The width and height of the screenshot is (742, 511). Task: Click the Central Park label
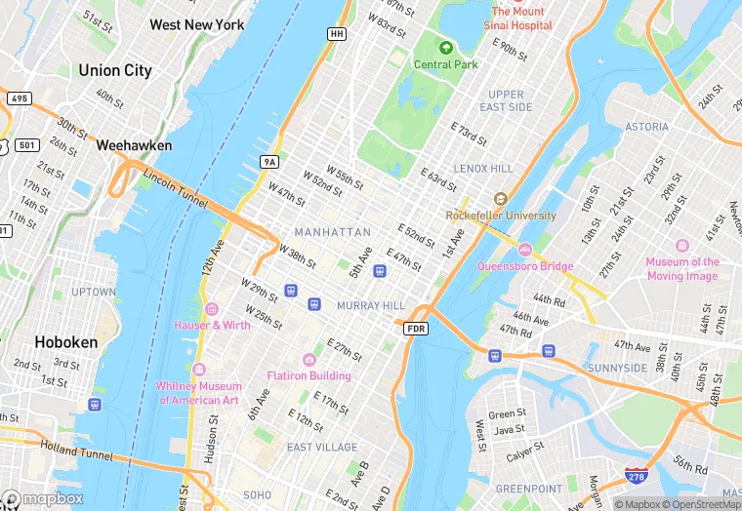coord(446,64)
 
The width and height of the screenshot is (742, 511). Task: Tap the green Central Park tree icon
coord(446,47)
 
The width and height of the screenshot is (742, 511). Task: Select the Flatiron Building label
coord(309,375)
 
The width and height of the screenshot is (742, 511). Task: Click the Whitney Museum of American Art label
coord(198,393)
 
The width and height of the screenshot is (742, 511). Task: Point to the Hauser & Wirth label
coord(212,324)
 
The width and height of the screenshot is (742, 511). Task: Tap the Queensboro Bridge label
coord(524,264)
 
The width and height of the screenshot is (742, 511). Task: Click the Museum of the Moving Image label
coord(682,268)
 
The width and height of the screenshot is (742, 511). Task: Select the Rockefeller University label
coord(501,215)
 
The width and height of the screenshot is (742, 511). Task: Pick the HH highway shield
coord(337,33)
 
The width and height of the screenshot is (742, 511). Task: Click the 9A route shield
coord(269,161)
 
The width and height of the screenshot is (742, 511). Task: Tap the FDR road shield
coord(416,329)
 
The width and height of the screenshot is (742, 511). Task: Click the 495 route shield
coord(18,98)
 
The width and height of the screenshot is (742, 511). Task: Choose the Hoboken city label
coord(65,342)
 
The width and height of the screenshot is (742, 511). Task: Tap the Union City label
coord(114,70)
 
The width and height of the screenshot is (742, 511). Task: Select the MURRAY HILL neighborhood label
coord(370,305)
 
